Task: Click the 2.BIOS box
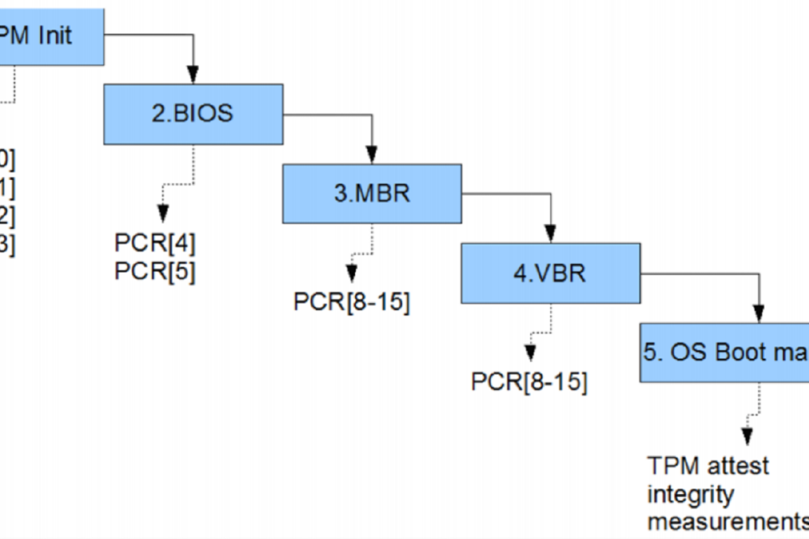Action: coord(193,114)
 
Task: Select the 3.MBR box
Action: coord(372,194)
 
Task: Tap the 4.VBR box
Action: coord(550,273)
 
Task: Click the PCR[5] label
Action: coord(155,272)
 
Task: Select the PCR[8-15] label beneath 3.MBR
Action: coord(351,302)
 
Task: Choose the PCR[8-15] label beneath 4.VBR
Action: coord(529,382)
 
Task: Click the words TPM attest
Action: coord(708,465)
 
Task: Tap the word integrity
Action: coord(691,494)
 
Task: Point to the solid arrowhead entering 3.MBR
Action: coord(372,154)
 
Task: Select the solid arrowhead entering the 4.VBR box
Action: coord(551,233)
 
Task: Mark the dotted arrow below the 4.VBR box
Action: coord(530,353)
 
